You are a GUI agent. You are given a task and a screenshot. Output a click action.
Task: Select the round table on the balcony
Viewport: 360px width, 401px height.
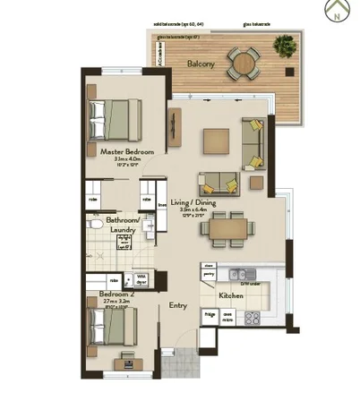tap(241, 63)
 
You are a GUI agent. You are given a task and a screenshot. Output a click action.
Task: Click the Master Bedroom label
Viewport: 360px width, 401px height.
tap(127, 152)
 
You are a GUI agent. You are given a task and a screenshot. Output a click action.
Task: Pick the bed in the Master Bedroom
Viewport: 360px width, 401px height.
tap(115, 116)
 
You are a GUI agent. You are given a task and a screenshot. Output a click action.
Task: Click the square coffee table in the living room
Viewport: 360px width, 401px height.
tap(216, 141)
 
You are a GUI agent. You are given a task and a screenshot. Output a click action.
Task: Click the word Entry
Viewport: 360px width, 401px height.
tap(178, 306)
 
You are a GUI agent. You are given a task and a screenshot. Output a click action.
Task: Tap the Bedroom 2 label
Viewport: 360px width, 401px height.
tap(116, 294)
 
